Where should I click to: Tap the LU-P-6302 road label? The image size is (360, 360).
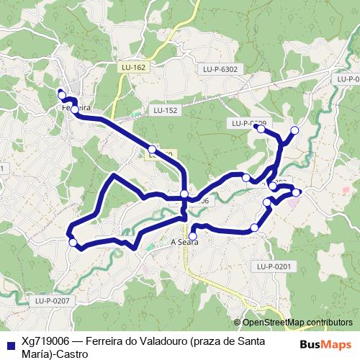(x=220, y=69)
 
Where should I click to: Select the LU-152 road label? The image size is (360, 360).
(x=165, y=110)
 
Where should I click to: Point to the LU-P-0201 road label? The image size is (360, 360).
(x=273, y=266)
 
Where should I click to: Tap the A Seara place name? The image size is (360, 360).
(x=184, y=243)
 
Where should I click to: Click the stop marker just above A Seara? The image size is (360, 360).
(x=192, y=235)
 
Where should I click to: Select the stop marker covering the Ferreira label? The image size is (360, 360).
(x=74, y=109)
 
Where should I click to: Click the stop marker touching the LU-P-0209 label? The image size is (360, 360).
(x=261, y=129)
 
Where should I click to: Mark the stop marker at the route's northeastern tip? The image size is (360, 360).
(x=294, y=130)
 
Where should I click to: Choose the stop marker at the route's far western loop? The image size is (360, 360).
(x=73, y=243)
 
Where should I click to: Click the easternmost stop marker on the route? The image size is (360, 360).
(x=296, y=192)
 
